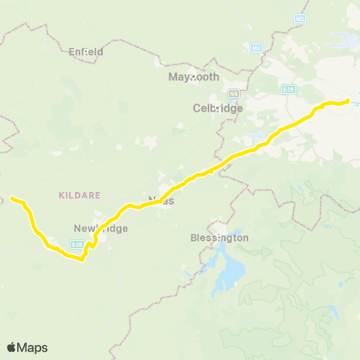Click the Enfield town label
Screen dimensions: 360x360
coord(85,52)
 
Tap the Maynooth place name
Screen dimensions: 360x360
coord(193,77)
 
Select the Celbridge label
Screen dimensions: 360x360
coord(217,108)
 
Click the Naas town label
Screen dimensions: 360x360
coord(160,200)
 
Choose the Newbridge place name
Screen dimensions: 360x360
coord(101,228)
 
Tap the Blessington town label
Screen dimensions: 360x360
coord(219,238)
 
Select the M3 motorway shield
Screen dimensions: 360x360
coord(256,48)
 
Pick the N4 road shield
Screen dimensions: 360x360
coord(234,93)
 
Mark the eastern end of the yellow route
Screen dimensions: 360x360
coord(349,100)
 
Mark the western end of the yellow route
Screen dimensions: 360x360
coord(12,198)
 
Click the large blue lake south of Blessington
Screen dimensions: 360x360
coord(229,271)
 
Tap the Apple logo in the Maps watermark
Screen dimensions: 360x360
coord(11,347)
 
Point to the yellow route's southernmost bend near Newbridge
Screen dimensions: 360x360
coord(81,260)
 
